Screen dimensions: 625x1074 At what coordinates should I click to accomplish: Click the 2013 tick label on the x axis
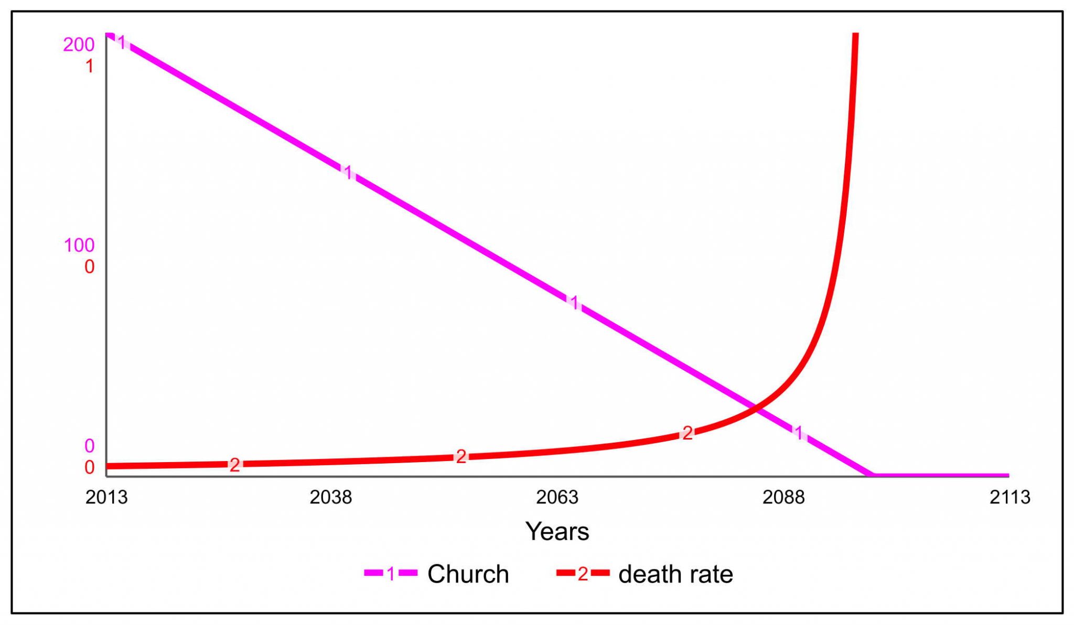point(106,497)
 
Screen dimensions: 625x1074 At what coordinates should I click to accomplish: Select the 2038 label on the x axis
point(330,497)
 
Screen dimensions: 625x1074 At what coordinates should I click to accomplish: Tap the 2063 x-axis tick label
point(557,497)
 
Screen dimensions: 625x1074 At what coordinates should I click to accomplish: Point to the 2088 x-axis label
point(783,497)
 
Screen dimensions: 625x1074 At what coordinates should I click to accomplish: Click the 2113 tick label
point(1009,497)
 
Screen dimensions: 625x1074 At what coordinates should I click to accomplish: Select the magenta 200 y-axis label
point(79,45)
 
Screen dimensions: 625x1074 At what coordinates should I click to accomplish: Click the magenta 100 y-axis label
point(79,245)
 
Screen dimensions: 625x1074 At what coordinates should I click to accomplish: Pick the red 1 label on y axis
point(90,67)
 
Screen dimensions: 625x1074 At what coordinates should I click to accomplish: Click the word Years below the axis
point(557,531)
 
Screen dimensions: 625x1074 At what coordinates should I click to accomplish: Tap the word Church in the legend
point(468,574)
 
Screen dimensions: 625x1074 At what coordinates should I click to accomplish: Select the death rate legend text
point(675,574)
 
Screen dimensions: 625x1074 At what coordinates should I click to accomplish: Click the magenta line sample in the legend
point(391,574)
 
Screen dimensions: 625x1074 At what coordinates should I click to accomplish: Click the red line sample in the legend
point(583,574)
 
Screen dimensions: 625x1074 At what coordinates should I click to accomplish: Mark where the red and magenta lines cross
point(755,408)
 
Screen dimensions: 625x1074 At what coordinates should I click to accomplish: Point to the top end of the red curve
point(855,35)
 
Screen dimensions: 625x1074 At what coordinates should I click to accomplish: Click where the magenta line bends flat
point(873,475)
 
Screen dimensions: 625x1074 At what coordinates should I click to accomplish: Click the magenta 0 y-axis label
point(90,446)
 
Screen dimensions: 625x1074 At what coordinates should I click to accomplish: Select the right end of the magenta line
point(1007,476)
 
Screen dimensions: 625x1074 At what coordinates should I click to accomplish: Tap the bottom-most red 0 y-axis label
point(90,467)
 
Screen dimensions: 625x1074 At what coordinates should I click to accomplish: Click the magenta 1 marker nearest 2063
point(575,302)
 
